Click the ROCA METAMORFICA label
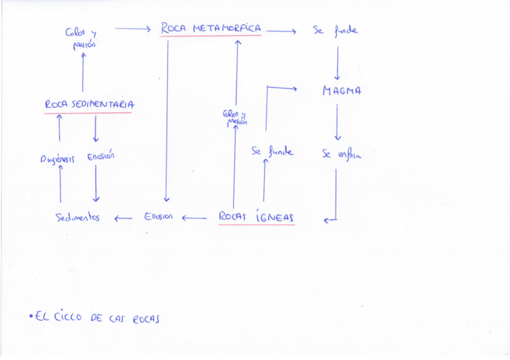[x=210, y=28]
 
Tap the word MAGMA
[x=341, y=91]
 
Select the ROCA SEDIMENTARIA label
[x=89, y=104]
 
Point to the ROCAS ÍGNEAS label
[x=256, y=216]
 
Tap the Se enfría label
[x=341, y=154]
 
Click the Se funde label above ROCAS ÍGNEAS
[x=272, y=151]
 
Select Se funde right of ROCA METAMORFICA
[x=335, y=29]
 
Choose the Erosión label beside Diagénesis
[x=100, y=157]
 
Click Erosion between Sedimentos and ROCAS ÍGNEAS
[x=158, y=216]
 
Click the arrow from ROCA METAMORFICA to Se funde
[x=280, y=31]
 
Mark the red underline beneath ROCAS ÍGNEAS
[x=256, y=225]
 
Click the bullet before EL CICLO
[x=31, y=316]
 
